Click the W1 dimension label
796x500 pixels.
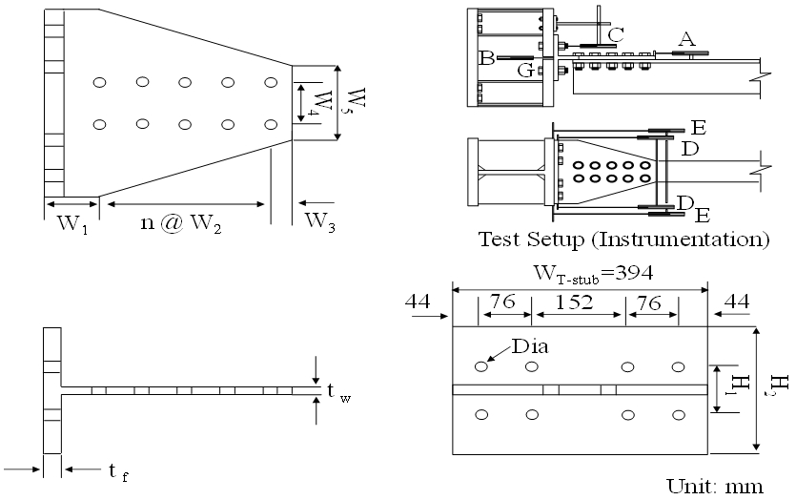(x=72, y=223)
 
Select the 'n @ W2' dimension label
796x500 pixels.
(x=181, y=223)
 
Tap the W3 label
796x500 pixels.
(x=319, y=221)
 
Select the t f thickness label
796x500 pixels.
(x=118, y=471)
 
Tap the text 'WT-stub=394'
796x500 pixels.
(x=592, y=273)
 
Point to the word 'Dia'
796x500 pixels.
(x=530, y=346)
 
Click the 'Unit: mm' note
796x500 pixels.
(x=715, y=487)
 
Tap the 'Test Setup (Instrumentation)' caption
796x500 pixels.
(x=623, y=239)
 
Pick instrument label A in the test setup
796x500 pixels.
(x=686, y=38)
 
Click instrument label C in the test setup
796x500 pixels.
(x=616, y=35)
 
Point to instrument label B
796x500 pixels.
(x=487, y=58)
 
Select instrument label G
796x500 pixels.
(x=526, y=71)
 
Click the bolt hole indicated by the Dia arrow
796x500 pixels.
(x=481, y=366)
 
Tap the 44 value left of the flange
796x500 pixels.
(x=418, y=302)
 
